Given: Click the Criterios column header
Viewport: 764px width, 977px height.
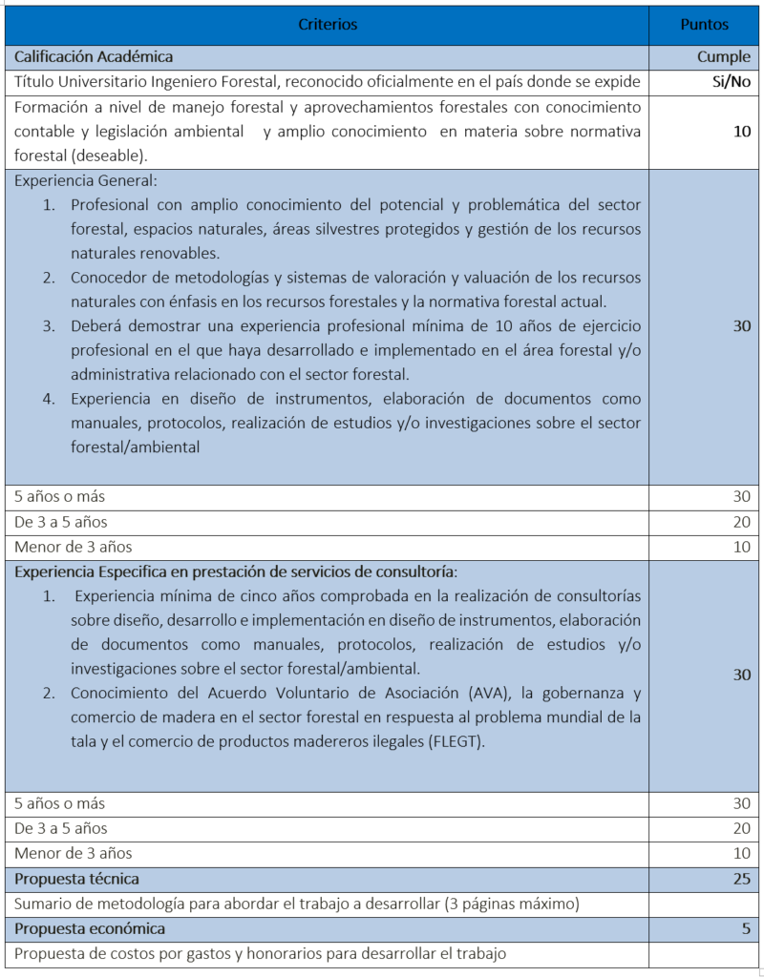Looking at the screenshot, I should pos(328,24).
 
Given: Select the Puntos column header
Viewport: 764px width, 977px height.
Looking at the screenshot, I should pos(704,24).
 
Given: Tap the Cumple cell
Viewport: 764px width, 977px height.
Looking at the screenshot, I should pos(723,57).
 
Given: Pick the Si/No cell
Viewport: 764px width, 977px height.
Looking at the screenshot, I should pos(731,82).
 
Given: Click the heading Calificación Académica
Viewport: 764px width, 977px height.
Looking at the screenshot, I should pos(94,57).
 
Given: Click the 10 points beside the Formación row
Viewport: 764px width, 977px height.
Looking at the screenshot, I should pos(741,131).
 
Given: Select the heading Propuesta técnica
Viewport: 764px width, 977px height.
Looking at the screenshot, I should pos(76,879).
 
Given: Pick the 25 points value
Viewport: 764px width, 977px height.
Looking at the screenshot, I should pos(741,879).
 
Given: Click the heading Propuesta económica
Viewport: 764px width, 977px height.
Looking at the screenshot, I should pos(90,928).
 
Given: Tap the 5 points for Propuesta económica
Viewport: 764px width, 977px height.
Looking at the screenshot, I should pos(746,928).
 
